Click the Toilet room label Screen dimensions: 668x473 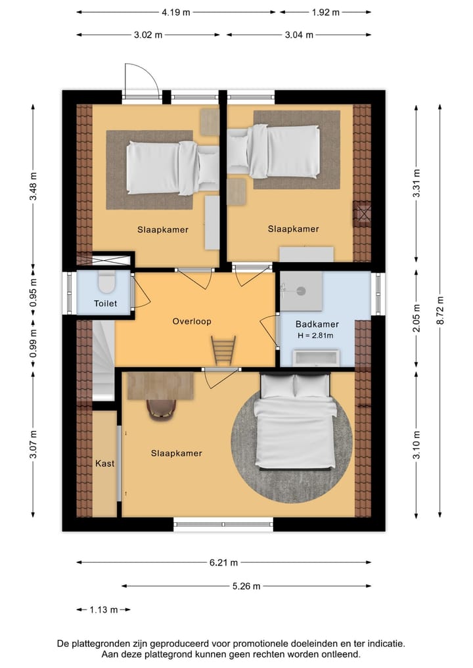click(105, 303)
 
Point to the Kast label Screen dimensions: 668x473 click(105, 463)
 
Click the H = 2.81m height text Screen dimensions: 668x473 click(315, 336)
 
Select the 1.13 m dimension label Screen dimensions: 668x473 click(103, 610)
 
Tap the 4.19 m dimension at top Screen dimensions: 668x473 click(176, 12)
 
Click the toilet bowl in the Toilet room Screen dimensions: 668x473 click(106, 283)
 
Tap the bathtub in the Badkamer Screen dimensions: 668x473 click(316, 358)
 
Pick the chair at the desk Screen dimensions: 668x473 click(161, 408)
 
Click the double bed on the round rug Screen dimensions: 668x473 click(294, 420)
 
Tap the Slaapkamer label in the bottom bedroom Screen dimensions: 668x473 click(176, 453)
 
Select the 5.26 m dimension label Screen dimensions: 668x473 click(247, 586)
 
